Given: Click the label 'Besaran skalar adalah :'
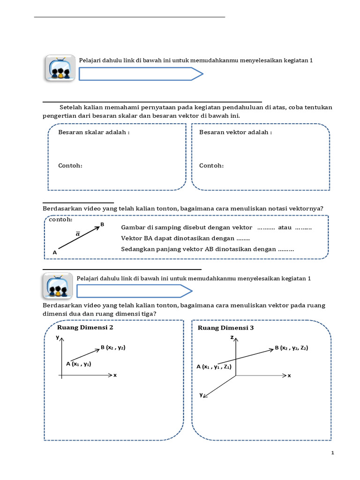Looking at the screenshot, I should coord(93,132).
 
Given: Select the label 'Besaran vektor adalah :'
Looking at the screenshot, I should coord(235,132).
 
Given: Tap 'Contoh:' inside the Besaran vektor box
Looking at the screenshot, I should coord(211,165).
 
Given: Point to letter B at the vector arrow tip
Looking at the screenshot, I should coord(102,225).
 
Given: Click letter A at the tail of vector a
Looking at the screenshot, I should coord(55,252).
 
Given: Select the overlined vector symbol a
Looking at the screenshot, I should coord(78,233).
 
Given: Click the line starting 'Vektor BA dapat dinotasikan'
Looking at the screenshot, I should coord(185,238).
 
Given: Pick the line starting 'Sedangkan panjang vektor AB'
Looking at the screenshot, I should coord(207,249).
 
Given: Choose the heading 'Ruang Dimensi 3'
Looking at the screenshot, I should coord(226,328).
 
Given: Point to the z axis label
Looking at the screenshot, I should coord(232,337).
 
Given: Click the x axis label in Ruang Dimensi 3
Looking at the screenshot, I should coord(289,375).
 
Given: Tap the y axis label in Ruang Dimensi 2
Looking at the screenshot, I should coord(57,337).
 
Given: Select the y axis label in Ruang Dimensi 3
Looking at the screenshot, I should coord(201,395).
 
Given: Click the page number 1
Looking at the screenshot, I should coord(332,453).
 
